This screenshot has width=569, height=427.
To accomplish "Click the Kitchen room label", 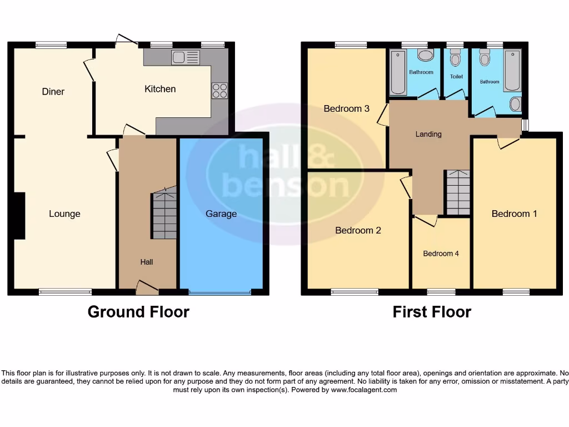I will click(x=160, y=89).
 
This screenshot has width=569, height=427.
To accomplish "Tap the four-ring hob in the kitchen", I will click(x=219, y=91).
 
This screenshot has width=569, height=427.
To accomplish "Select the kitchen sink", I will click(x=186, y=57).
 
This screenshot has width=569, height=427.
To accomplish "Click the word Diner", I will click(x=53, y=92).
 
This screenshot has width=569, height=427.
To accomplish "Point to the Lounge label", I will click(x=64, y=214).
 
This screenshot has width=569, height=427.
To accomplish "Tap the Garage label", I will click(x=221, y=214).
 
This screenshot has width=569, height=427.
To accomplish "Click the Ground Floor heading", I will click(x=138, y=312).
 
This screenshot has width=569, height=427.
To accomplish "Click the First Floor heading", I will click(x=432, y=312).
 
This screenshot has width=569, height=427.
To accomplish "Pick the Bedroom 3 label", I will click(x=347, y=109).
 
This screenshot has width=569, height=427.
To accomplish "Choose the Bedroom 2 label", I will click(x=358, y=230).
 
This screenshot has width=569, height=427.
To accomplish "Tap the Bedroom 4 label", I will click(x=441, y=254).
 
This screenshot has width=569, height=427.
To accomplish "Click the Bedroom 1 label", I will click(x=515, y=214).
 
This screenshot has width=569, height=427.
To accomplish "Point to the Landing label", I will click(x=428, y=134).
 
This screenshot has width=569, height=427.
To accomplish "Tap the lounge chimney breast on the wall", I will click(x=20, y=216).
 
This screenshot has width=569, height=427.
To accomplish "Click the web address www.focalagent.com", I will click(x=364, y=390).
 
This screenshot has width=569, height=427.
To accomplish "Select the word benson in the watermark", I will click(x=286, y=185).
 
